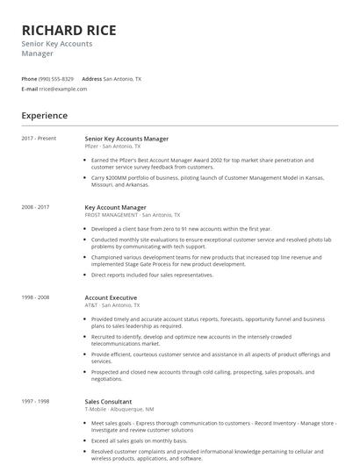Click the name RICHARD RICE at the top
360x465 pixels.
pyautogui.click(x=68, y=30)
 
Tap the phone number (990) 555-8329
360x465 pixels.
pyautogui.click(x=57, y=78)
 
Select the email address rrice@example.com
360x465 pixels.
pyautogui.click(x=63, y=89)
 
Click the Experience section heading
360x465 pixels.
pyautogui.click(x=44, y=115)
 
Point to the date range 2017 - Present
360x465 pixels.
pyautogui.click(x=39, y=139)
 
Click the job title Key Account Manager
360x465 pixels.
pyautogui.click(x=115, y=207)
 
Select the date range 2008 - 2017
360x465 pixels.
pyautogui.click(x=35, y=207)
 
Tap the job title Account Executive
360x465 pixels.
pyautogui.click(x=111, y=297)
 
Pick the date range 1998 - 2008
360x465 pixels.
pyautogui.click(x=35, y=297)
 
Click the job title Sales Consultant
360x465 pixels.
pyautogui.click(x=109, y=401)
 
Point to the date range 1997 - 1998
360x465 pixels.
pyautogui.click(x=35, y=401)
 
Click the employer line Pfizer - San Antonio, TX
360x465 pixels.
pyautogui.click(x=112, y=146)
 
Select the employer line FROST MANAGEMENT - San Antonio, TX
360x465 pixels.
pyautogui.click(x=133, y=214)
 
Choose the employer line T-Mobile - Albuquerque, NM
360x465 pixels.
pyautogui.click(x=120, y=408)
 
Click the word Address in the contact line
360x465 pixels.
pyautogui.click(x=91, y=78)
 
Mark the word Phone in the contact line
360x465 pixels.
pyautogui.click(x=29, y=78)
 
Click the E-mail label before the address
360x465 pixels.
pyautogui.click(x=29, y=89)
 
